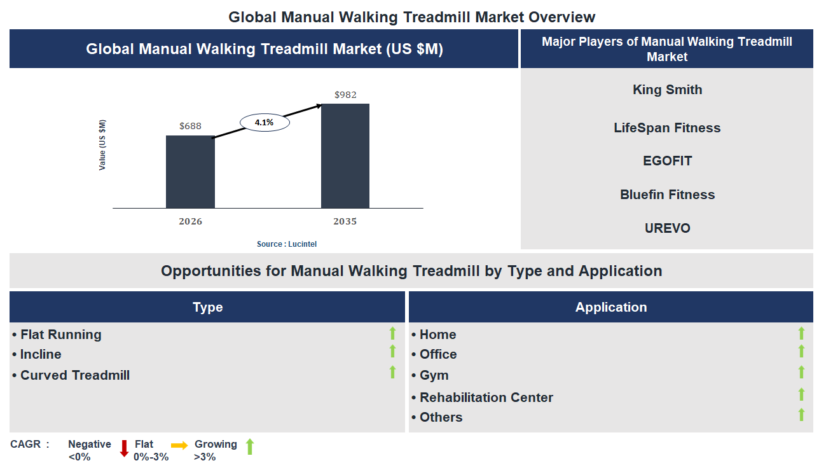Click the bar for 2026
pos(190,172)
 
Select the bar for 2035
pos(345,156)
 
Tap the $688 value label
pos(190,126)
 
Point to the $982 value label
pos(345,95)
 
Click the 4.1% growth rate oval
pos(264,123)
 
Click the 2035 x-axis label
pos(345,221)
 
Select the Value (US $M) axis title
pos(102,145)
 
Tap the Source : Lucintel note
pos(286,244)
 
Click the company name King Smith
pos(667,90)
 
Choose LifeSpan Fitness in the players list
pos(667,128)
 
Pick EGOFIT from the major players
pos(667,161)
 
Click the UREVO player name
pos(667,228)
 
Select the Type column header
pos(207,307)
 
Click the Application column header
pos(610,307)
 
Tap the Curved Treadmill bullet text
pos(75,375)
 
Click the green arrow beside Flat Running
pos(392,333)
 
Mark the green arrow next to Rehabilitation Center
pos(801,395)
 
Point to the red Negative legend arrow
pos(125,448)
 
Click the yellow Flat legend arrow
pos(179,446)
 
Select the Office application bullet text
pos(437,354)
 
